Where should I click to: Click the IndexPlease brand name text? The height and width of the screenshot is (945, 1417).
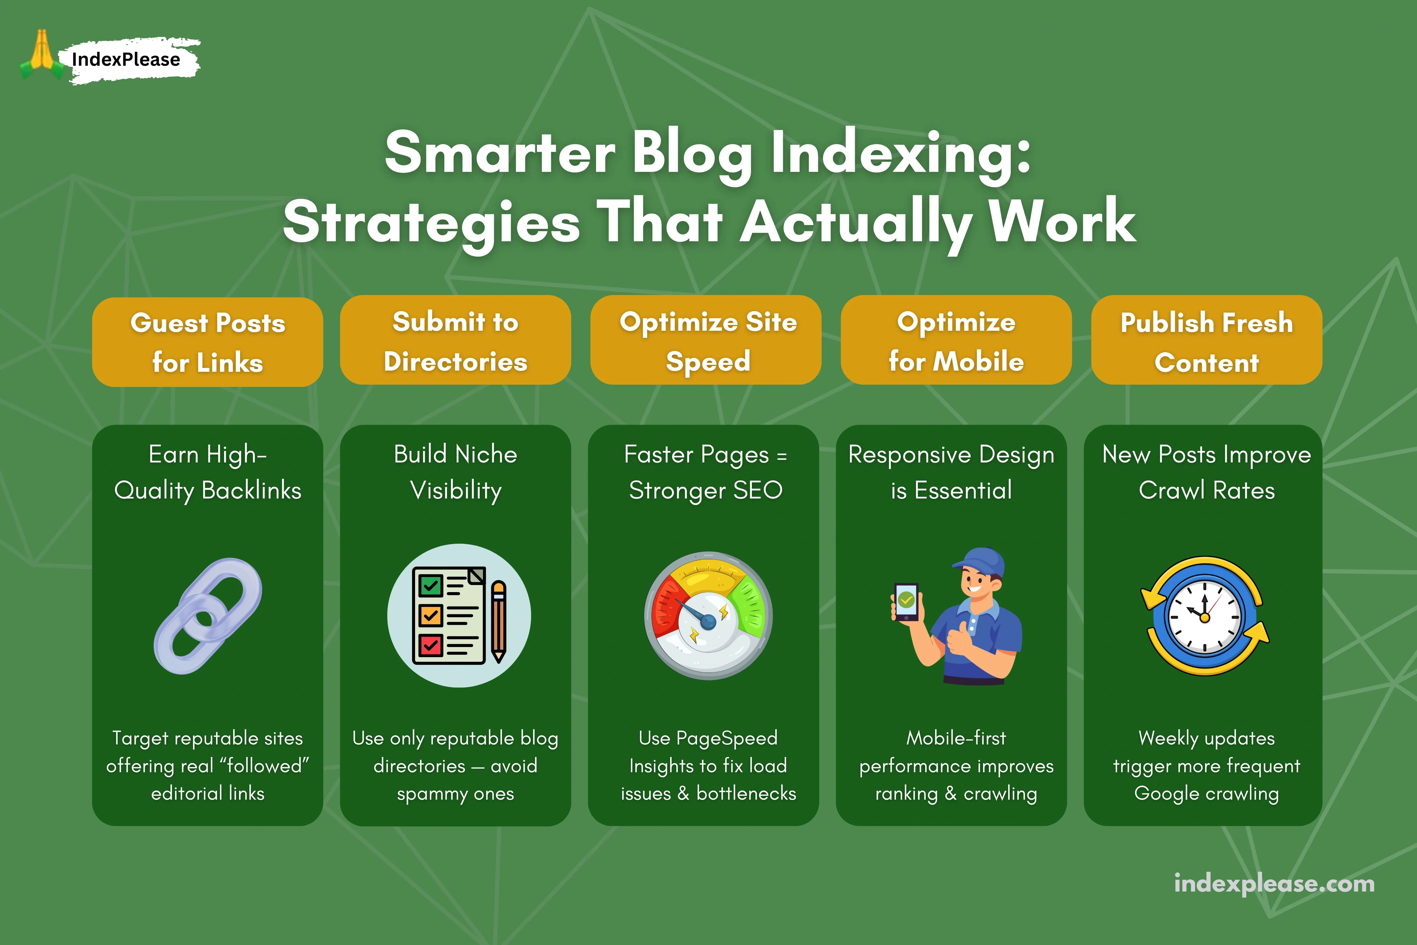(x=125, y=59)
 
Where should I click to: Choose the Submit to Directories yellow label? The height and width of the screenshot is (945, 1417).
(x=456, y=340)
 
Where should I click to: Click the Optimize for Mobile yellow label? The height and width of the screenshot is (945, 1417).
(x=956, y=340)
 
